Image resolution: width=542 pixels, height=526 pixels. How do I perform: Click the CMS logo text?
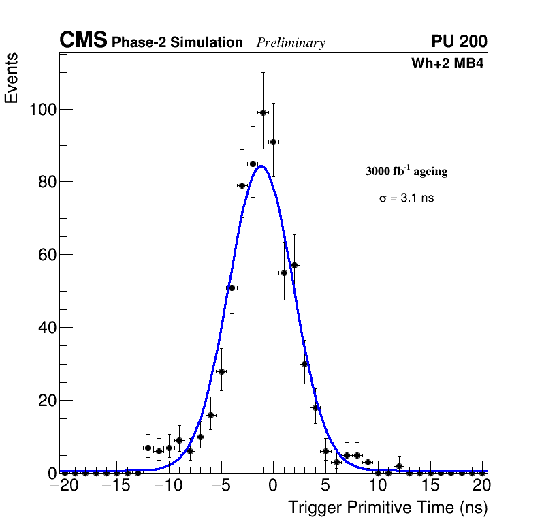click(83, 41)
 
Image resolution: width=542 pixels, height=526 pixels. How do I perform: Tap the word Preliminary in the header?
click(291, 43)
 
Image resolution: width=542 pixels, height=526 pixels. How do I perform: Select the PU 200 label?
click(459, 42)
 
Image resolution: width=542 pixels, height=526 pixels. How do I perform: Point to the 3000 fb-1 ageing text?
click(406, 171)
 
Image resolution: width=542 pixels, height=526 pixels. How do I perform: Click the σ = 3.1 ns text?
click(406, 198)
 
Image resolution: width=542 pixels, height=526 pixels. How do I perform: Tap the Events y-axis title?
click(12, 78)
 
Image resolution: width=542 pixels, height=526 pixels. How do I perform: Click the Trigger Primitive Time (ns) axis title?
click(388, 508)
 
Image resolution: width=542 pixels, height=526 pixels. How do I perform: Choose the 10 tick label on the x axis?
click(378, 486)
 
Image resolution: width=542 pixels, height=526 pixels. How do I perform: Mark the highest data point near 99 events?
click(263, 112)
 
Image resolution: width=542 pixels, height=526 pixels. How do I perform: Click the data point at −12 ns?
click(148, 448)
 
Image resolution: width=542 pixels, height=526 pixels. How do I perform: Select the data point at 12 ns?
click(399, 466)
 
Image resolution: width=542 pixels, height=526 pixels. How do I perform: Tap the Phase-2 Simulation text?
click(177, 43)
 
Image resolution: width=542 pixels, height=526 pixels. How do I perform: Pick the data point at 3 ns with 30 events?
click(305, 364)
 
